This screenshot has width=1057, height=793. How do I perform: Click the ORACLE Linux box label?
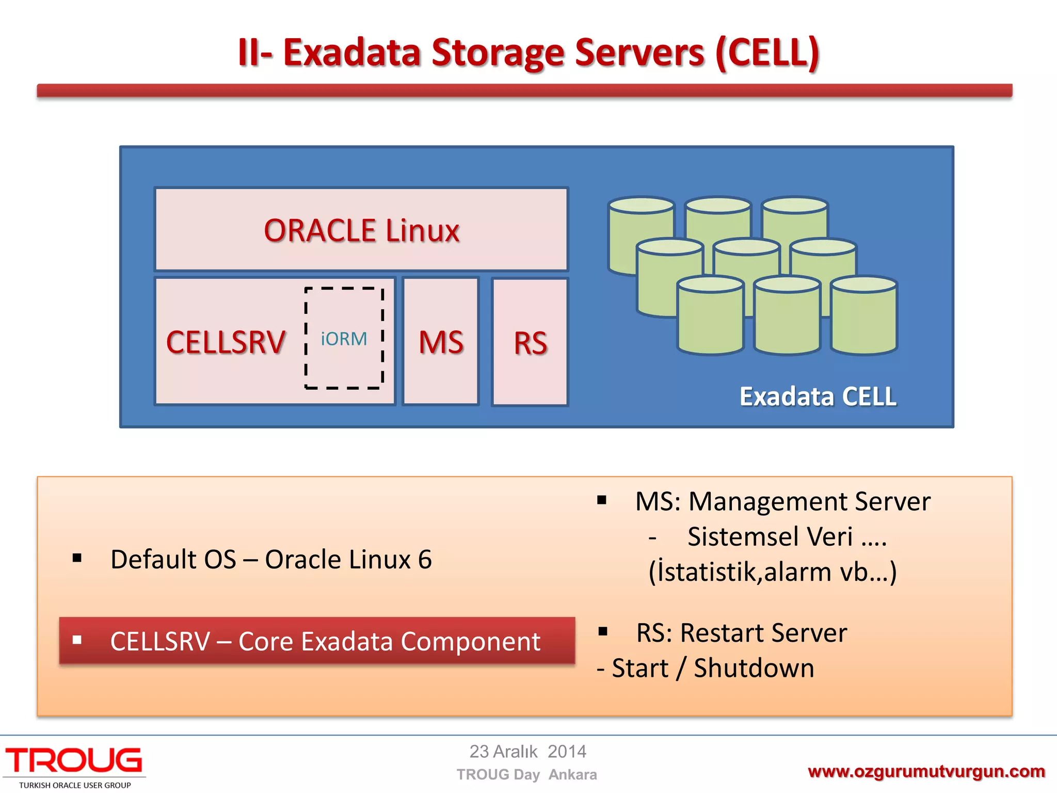[x=361, y=230]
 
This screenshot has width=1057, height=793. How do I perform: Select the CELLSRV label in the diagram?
[x=226, y=342]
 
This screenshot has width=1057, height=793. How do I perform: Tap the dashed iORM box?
[x=344, y=339]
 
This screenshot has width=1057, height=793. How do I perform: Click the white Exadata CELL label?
[x=818, y=396]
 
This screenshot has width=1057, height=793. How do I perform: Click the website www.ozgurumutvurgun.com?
[x=926, y=771]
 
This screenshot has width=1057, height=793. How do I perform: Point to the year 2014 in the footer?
[x=567, y=751]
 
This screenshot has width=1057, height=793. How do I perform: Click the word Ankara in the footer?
[x=572, y=774]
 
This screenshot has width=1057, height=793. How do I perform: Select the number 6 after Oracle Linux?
[x=425, y=560]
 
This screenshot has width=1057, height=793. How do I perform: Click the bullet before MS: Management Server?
[x=602, y=500]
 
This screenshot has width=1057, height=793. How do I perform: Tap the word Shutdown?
[x=754, y=668]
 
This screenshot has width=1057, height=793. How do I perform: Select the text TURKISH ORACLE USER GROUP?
[x=75, y=785]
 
